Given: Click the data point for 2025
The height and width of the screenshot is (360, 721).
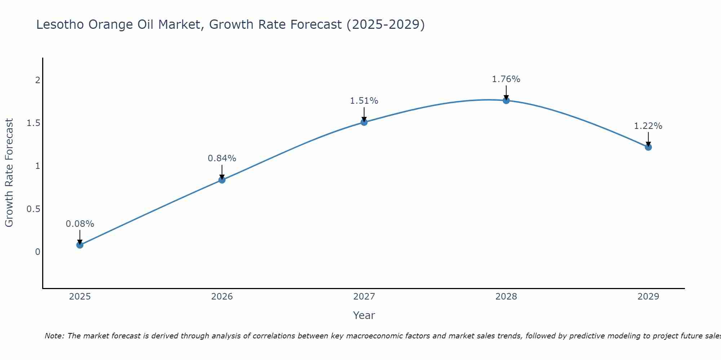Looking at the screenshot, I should click(80, 245).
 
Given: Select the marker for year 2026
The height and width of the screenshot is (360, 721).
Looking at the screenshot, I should click(222, 180).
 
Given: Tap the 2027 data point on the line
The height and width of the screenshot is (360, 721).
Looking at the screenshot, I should click(364, 122).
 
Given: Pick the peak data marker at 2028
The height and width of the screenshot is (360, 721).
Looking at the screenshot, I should click(506, 100).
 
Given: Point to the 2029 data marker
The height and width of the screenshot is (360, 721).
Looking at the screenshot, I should click(648, 147).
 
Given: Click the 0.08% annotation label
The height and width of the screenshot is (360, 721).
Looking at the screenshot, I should click(80, 224).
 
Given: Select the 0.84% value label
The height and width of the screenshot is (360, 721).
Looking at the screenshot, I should click(222, 158).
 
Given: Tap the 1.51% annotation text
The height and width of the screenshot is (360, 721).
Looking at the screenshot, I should click(364, 101).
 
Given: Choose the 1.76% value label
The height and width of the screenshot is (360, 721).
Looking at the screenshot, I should click(506, 79).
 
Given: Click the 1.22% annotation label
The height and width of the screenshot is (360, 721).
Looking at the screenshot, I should click(648, 126).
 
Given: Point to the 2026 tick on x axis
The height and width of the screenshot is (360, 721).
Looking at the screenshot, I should click(222, 297).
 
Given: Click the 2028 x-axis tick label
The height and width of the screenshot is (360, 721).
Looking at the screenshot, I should click(506, 297).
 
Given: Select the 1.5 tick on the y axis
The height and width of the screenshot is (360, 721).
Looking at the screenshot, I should click(33, 123).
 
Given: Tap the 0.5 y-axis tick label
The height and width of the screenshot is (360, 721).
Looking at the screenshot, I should click(33, 209).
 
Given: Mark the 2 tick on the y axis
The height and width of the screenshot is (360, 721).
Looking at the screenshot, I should click(37, 80).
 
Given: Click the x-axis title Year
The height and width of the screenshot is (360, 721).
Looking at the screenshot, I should click(364, 315).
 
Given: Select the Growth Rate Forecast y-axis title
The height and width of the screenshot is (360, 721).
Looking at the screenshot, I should click(9, 173).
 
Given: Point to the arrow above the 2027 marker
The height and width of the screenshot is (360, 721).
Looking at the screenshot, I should click(364, 114).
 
